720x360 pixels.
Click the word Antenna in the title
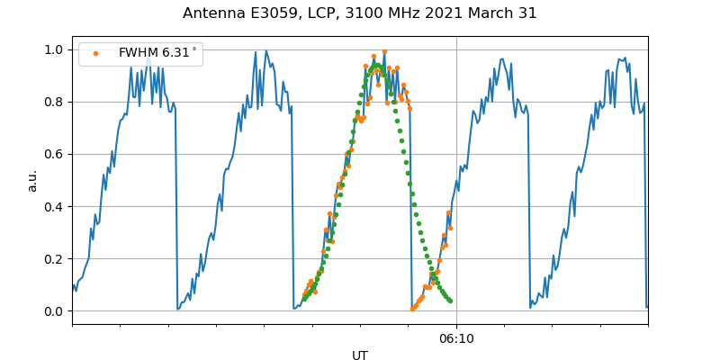[212, 13]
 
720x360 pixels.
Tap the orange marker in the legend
[95, 53]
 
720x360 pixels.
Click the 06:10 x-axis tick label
[456, 338]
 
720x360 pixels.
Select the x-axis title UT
[360, 355]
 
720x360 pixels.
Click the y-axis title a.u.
[32, 180]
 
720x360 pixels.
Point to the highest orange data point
[384, 52]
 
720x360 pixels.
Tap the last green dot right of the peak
[450, 301]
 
